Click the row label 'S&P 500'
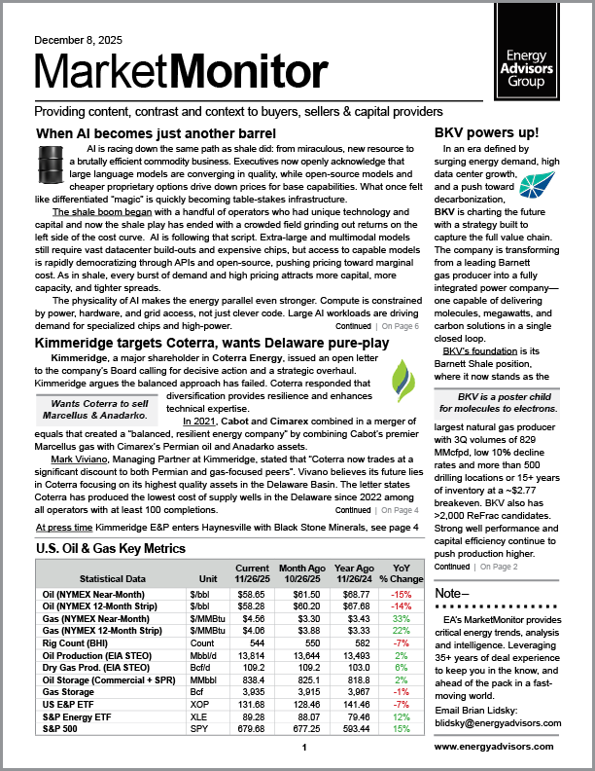click(59, 729)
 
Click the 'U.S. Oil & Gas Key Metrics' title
click(110, 549)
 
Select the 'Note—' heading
click(452, 593)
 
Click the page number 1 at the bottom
click(304, 747)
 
